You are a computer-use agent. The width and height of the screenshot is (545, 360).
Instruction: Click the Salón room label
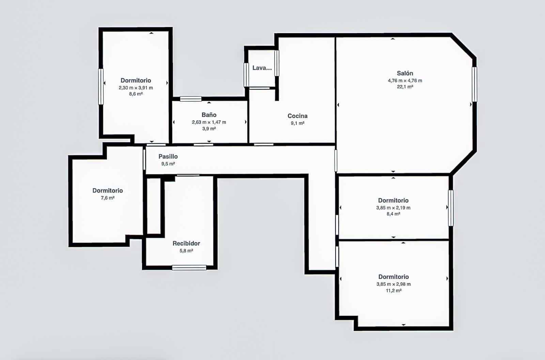pyautogui.click(x=405, y=73)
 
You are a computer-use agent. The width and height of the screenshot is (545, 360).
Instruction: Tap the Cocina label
pyautogui.click(x=297, y=116)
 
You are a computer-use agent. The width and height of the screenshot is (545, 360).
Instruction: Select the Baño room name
pyautogui.click(x=209, y=115)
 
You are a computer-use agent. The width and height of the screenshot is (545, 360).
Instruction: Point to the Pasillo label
pyautogui.click(x=168, y=156)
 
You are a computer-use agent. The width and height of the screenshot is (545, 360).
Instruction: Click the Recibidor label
pyautogui.click(x=186, y=243)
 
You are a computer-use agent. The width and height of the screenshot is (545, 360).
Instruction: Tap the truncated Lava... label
pyautogui.click(x=262, y=68)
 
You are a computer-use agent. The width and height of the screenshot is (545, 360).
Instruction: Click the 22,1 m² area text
pyautogui.click(x=405, y=87)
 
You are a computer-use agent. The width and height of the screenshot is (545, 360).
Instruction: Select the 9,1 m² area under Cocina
pyautogui.click(x=297, y=123)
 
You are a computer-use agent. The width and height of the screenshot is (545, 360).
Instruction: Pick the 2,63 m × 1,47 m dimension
pyautogui.click(x=209, y=122)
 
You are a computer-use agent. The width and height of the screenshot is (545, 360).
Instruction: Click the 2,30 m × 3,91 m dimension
pyautogui.click(x=136, y=88)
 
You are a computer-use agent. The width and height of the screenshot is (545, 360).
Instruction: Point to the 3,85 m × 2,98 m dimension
pyautogui.click(x=393, y=284)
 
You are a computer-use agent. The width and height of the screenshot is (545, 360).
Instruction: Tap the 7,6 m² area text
pyautogui.click(x=107, y=198)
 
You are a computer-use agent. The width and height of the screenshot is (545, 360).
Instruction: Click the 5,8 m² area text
pyautogui.click(x=186, y=251)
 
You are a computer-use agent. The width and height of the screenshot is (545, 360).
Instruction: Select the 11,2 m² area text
pyautogui.click(x=393, y=291)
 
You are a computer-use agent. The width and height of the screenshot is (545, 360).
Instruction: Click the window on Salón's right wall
pyautogui.click(x=474, y=84)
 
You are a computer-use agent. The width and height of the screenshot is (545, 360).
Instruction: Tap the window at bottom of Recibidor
pyautogui.click(x=189, y=268)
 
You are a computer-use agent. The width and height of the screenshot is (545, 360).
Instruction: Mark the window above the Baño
pyautogui.click(x=191, y=99)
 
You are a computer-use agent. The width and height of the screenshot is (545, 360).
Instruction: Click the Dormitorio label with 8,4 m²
pyautogui.click(x=393, y=200)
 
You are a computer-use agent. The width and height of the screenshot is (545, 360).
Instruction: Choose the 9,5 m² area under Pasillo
pyautogui.click(x=168, y=164)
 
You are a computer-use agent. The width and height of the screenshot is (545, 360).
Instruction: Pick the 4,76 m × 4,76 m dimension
pyautogui.click(x=405, y=81)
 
